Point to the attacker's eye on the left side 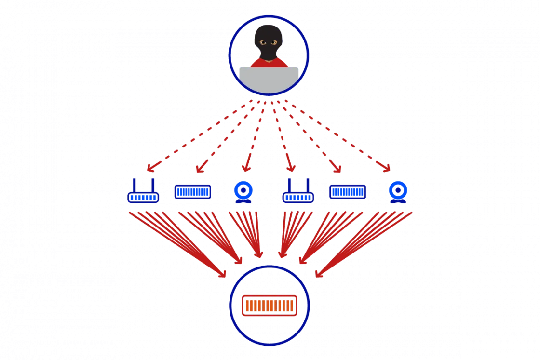tap(263, 43)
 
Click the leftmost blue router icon tap(143, 196)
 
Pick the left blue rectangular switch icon tap(192, 192)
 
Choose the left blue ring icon tap(243, 191)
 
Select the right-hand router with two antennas tap(298, 195)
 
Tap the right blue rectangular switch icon tap(347, 192)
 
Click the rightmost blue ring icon tap(398, 190)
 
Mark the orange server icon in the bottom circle tap(269, 305)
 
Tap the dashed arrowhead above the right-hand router tap(291, 168)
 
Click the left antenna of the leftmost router tap(133, 186)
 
